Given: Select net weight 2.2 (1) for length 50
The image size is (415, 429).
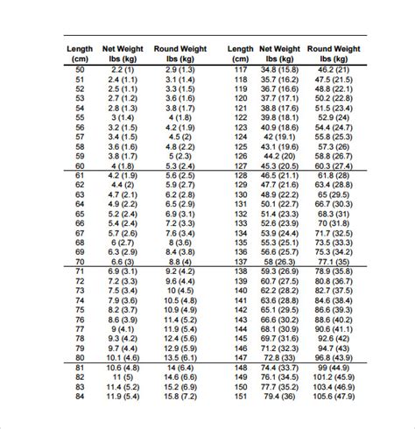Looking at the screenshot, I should coord(121,68).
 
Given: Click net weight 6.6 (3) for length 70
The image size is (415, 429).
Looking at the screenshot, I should coord(121,262).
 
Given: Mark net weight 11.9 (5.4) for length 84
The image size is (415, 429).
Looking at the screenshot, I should coord(121,397).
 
